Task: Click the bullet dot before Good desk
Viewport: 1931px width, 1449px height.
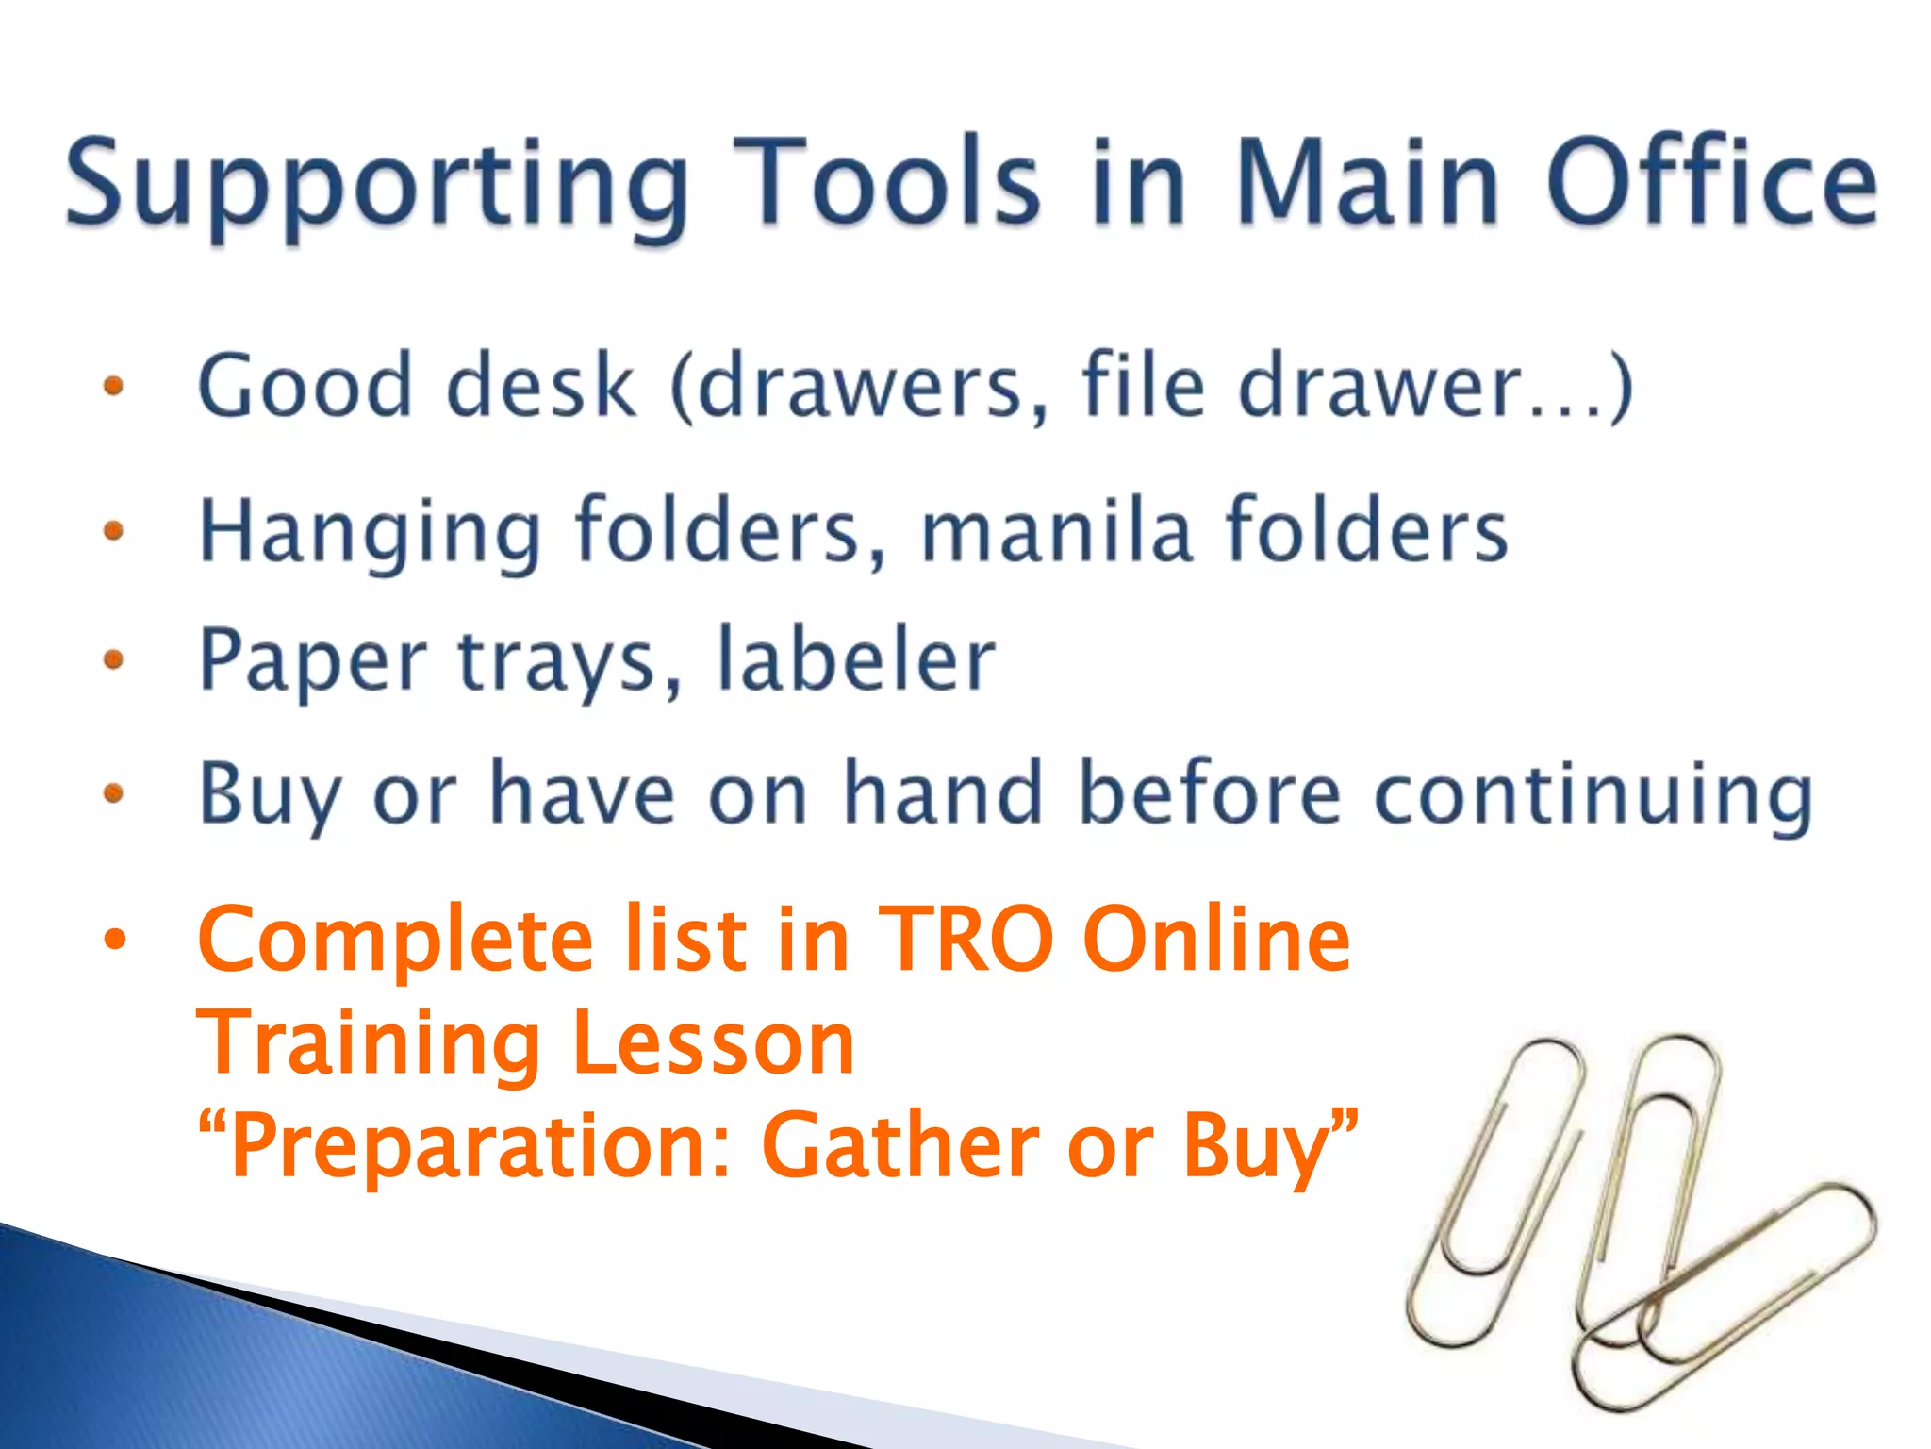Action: pos(114,386)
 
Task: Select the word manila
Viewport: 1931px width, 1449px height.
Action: pos(1055,529)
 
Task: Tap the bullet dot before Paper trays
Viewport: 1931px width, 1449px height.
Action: pos(114,658)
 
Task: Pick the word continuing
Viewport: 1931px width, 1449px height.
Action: pos(1593,794)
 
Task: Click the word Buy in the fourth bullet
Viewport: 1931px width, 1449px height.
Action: pos(269,794)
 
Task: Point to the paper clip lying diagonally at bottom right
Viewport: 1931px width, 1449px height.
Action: pos(1725,1297)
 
